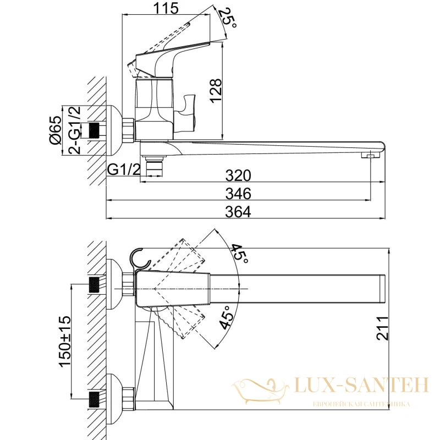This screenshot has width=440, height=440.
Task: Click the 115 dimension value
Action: (166, 8)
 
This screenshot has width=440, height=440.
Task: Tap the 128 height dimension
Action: (216, 91)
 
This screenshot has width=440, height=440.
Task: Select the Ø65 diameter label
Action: (56, 130)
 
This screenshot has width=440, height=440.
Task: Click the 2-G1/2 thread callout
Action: (75, 130)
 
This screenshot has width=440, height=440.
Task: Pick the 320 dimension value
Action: (238, 175)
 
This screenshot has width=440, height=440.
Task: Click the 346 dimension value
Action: (238, 194)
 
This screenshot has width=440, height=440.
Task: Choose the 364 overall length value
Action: (238, 212)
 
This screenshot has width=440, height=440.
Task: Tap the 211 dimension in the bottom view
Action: (382, 328)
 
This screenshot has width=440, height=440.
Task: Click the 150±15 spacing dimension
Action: (65, 341)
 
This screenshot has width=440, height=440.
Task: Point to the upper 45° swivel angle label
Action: (239, 254)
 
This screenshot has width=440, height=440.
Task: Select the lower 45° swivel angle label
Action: (226, 317)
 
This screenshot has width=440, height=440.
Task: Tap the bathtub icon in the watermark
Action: (261, 391)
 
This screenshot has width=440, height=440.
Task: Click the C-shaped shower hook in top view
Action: (140, 258)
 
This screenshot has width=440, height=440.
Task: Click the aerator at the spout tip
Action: (370, 155)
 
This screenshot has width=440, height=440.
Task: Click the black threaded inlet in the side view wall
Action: (95, 131)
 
